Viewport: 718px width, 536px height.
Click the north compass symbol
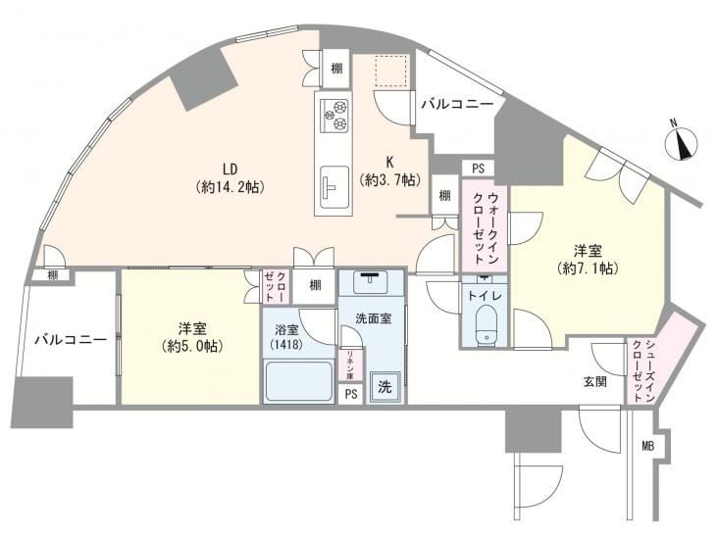coord(681,143)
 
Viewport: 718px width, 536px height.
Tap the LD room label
coord(230,170)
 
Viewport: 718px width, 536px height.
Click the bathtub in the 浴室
coord(298,380)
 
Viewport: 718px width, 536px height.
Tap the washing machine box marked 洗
coord(385,387)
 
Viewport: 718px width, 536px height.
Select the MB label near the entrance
coord(647,446)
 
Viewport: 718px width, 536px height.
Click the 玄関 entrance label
coord(594,381)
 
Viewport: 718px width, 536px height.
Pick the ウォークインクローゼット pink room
coord(484,227)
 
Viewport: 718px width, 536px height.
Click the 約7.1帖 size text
coord(588,268)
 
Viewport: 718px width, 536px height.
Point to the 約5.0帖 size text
coord(192,347)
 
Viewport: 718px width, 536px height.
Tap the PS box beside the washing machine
coord(350,394)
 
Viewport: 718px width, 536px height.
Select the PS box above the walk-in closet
coord(478,169)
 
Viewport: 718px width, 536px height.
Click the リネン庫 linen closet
coord(350,365)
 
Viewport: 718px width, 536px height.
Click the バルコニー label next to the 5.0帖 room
coord(71,339)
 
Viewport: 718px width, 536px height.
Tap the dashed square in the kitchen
coord(391,71)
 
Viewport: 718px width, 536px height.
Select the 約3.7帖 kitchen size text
coord(390,180)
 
